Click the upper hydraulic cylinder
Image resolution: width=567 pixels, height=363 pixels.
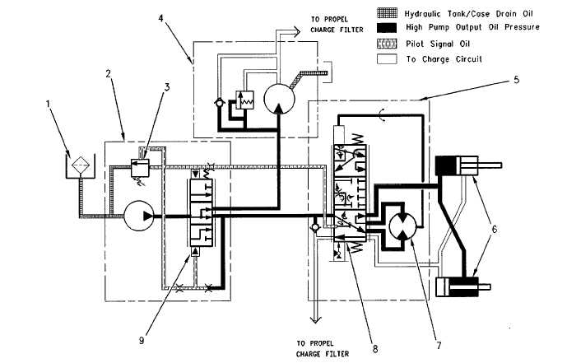click(458, 166)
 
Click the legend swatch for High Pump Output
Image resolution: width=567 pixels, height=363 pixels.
click(386, 27)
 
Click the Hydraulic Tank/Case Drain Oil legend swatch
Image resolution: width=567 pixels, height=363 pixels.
click(386, 12)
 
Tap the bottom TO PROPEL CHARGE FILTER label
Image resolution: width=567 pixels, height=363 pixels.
click(324, 347)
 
